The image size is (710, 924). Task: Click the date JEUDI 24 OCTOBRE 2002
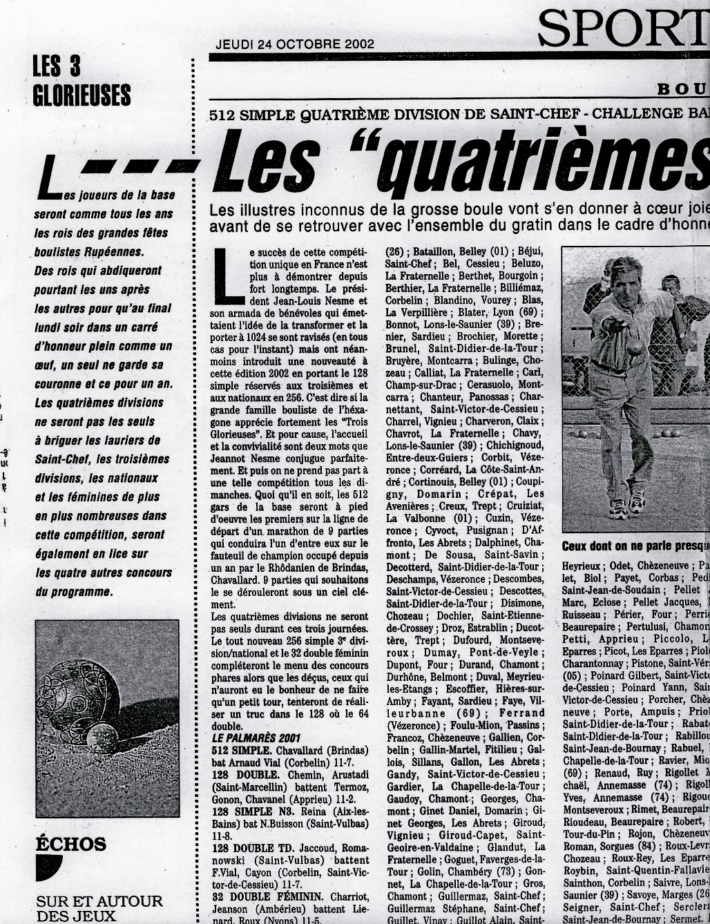click(295, 44)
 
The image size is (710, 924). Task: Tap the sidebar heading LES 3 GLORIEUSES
click(81, 81)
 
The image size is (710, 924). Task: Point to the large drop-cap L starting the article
click(229, 276)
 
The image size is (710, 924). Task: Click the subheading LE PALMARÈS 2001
click(256, 738)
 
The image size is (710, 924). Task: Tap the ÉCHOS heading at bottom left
click(70, 844)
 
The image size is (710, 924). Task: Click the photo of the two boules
click(107, 718)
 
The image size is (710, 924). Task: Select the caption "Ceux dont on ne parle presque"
click(635, 546)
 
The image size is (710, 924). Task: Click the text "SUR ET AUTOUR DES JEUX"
click(99, 909)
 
